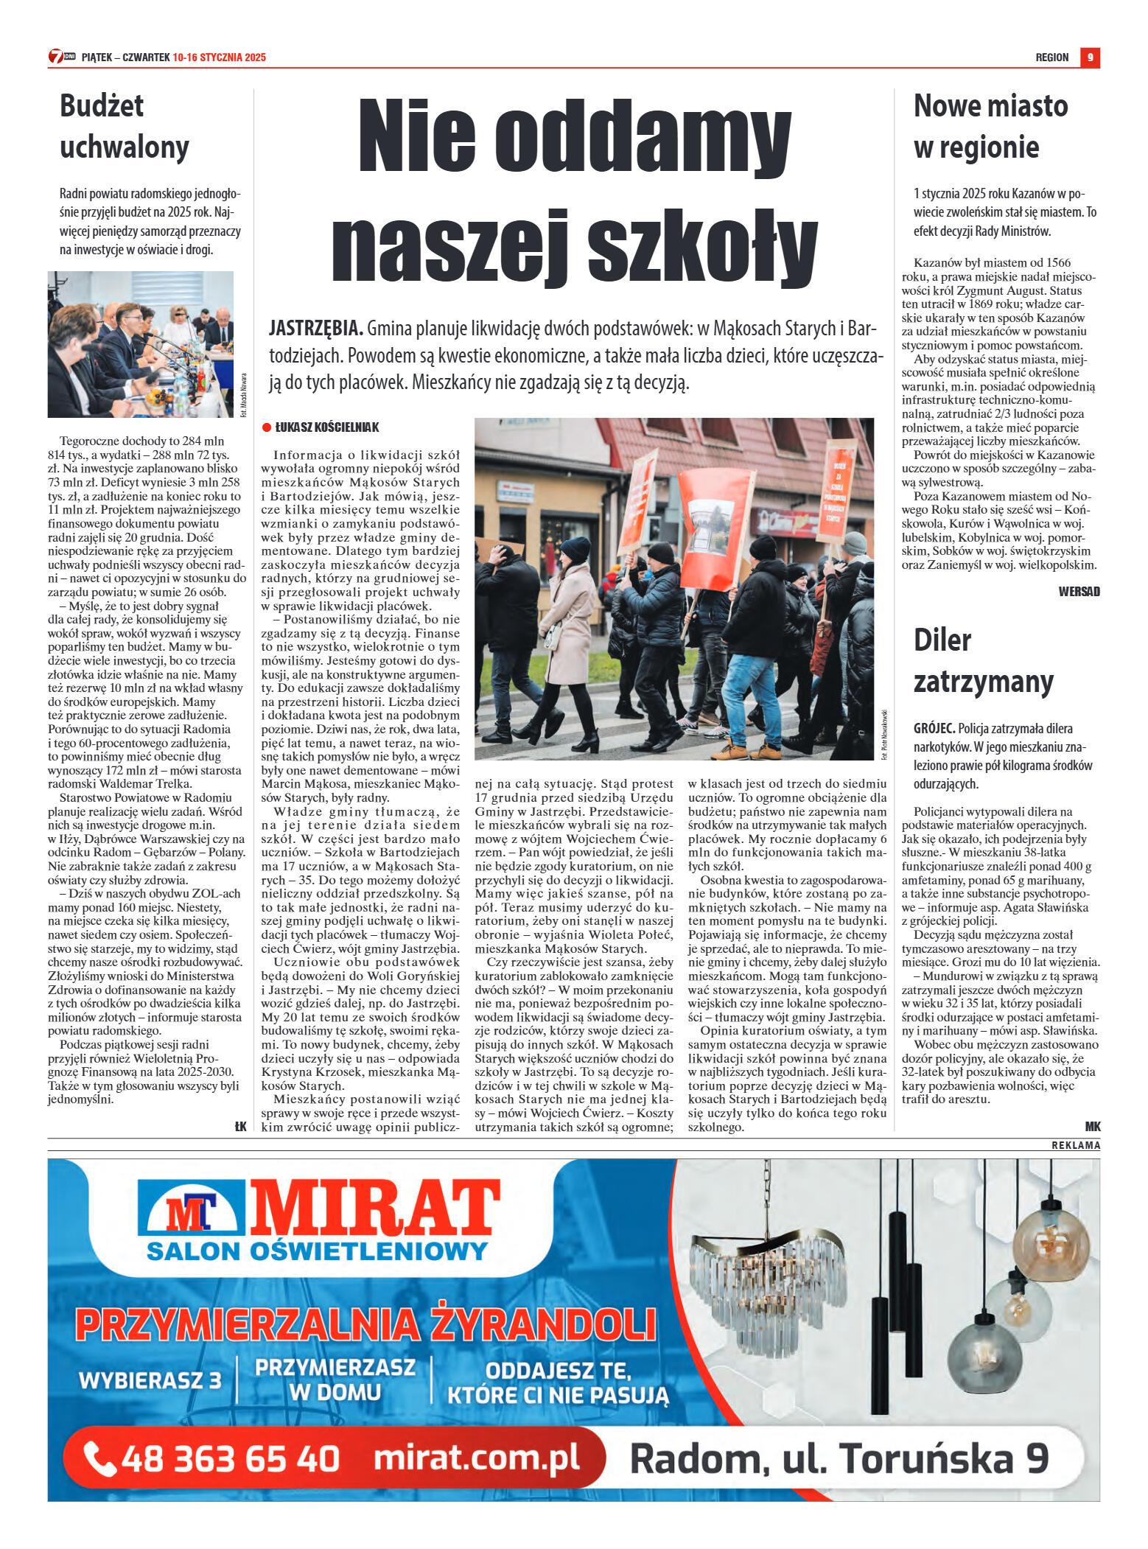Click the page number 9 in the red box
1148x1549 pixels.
click(x=1089, y=57)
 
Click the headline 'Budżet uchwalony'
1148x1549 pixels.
click(x=124, y=126)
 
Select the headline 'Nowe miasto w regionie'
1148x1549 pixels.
click(x=990, y=126)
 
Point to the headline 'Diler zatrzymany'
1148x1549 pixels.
click(x=982, y=660)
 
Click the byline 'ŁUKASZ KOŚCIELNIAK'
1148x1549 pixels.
click(x=326, y=427)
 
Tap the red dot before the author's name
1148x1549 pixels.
click(x=267, y=427)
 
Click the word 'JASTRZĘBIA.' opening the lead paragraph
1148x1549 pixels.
click(x=315, y=328)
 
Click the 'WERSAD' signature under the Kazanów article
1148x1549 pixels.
click(x=1078, y=591)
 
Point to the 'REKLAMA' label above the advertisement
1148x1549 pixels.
click(x=1075, y=1145)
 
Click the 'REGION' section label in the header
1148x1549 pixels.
click(x=1051, y=57)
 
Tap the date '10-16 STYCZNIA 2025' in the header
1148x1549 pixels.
click(x=219, y=57)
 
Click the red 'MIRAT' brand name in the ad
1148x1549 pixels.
click(x=375, y=1209)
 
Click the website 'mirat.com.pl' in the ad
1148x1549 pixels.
click(x=476, y=1458)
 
